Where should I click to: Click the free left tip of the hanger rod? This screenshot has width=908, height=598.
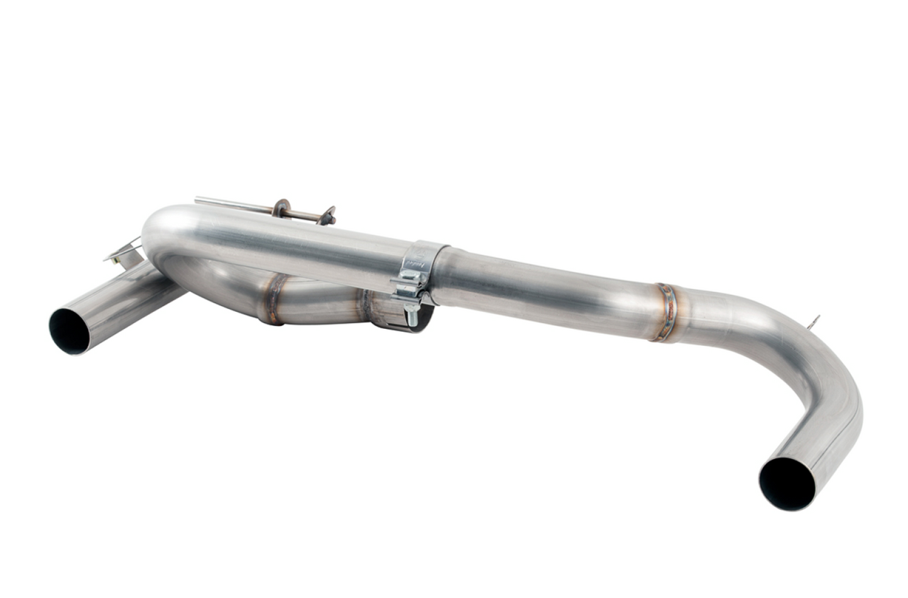point(198,201)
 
